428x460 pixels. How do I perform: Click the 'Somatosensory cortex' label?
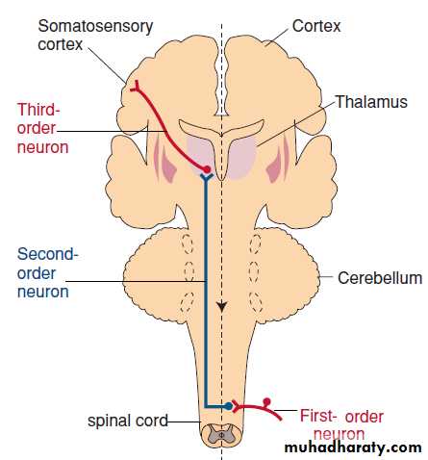[95, 35]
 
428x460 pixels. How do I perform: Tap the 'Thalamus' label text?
[371, 102]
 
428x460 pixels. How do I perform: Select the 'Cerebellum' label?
[380, 278]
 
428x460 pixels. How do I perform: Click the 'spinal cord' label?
[128, 421]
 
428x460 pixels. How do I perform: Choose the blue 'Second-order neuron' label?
[47, 273]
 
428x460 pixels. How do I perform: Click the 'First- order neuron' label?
[341, 425]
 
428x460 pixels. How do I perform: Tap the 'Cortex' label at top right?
[316, 26]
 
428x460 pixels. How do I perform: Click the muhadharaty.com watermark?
[353, 447]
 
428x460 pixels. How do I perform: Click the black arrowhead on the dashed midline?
[221, 306]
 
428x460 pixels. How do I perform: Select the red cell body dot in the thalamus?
[207, 168]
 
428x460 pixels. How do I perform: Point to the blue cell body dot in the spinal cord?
[228, 406]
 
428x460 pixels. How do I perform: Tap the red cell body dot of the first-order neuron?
[266, 401]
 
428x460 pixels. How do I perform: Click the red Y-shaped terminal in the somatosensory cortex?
[135, 87]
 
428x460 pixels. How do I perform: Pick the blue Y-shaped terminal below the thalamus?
[207, 177]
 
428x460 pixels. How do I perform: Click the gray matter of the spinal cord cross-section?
[221, 434]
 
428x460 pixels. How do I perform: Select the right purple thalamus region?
[242, 158]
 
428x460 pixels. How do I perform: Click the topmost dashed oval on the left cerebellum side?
[188, 243]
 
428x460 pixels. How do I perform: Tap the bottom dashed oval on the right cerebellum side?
[256, 302]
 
